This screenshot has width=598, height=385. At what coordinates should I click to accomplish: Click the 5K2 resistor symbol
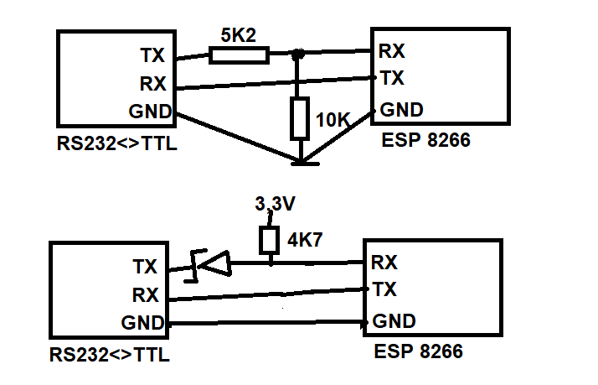(239, 55)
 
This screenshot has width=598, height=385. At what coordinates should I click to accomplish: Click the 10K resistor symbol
(300, 118)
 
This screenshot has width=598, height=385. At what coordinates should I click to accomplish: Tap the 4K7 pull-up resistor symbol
(269, 240)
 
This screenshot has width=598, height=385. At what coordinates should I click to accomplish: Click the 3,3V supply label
(274, 204)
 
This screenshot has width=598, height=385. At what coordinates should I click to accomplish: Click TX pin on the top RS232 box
(152, 56)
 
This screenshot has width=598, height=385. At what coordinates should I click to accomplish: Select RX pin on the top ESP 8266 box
(392, 51)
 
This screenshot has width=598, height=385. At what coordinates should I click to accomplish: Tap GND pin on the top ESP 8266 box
(401, 109)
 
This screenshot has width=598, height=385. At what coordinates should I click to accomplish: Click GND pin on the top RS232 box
(150, 112)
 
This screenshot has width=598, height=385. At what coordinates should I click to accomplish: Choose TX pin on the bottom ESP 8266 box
(384, 290)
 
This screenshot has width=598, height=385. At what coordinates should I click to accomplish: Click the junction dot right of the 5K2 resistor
(297, 55)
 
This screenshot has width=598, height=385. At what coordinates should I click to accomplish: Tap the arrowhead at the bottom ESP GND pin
(364, 322)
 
